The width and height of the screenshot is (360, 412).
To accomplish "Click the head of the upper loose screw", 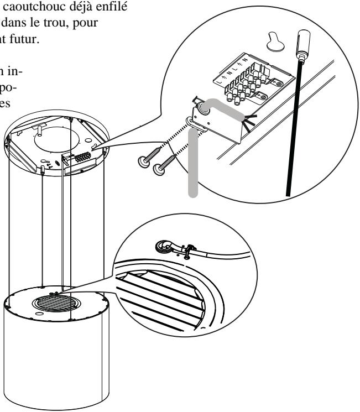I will click(142, 161).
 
